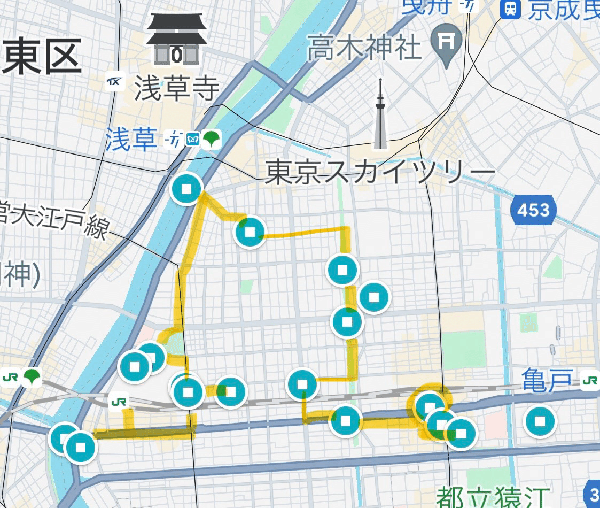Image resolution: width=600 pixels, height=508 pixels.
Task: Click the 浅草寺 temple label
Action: [x=176, y=89]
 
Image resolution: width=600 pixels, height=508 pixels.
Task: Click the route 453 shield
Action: [x=533, y=209]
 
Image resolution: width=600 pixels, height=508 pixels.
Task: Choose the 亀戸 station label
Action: [x=547, y=381]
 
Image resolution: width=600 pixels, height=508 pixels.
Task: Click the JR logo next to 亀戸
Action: [x=590, y=381]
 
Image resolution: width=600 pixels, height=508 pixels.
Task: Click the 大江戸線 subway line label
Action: [x=53, y=221]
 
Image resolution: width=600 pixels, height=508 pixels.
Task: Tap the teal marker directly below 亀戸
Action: [x=540, y=421]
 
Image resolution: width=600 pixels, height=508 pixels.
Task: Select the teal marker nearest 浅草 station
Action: [x=186, y=189]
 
